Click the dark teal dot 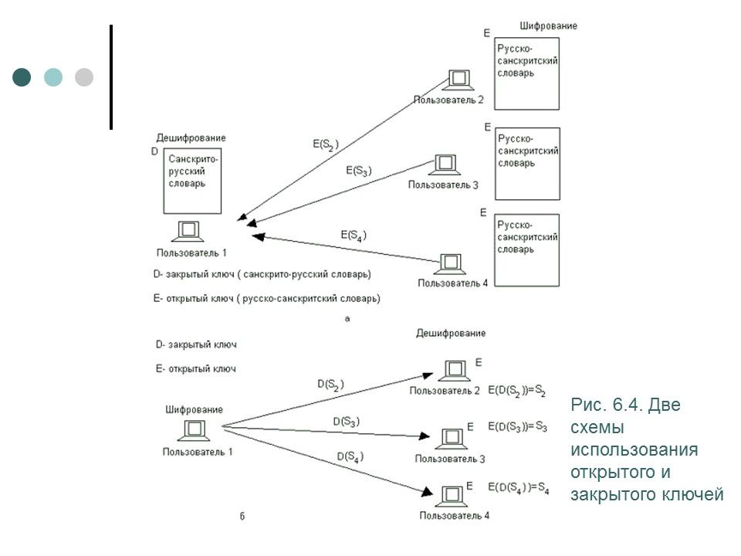(22, 77)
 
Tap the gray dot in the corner (84, 77)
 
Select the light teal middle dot (53, 77)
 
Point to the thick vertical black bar (111, 76)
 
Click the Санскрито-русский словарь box (192, 181)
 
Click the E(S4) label (353, 235)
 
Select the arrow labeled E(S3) (340, 194)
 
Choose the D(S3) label (347, 422)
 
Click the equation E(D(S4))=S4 (518, 488)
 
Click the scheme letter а (347, 318)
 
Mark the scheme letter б (242, 517)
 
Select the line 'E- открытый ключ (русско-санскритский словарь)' (267, 298)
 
